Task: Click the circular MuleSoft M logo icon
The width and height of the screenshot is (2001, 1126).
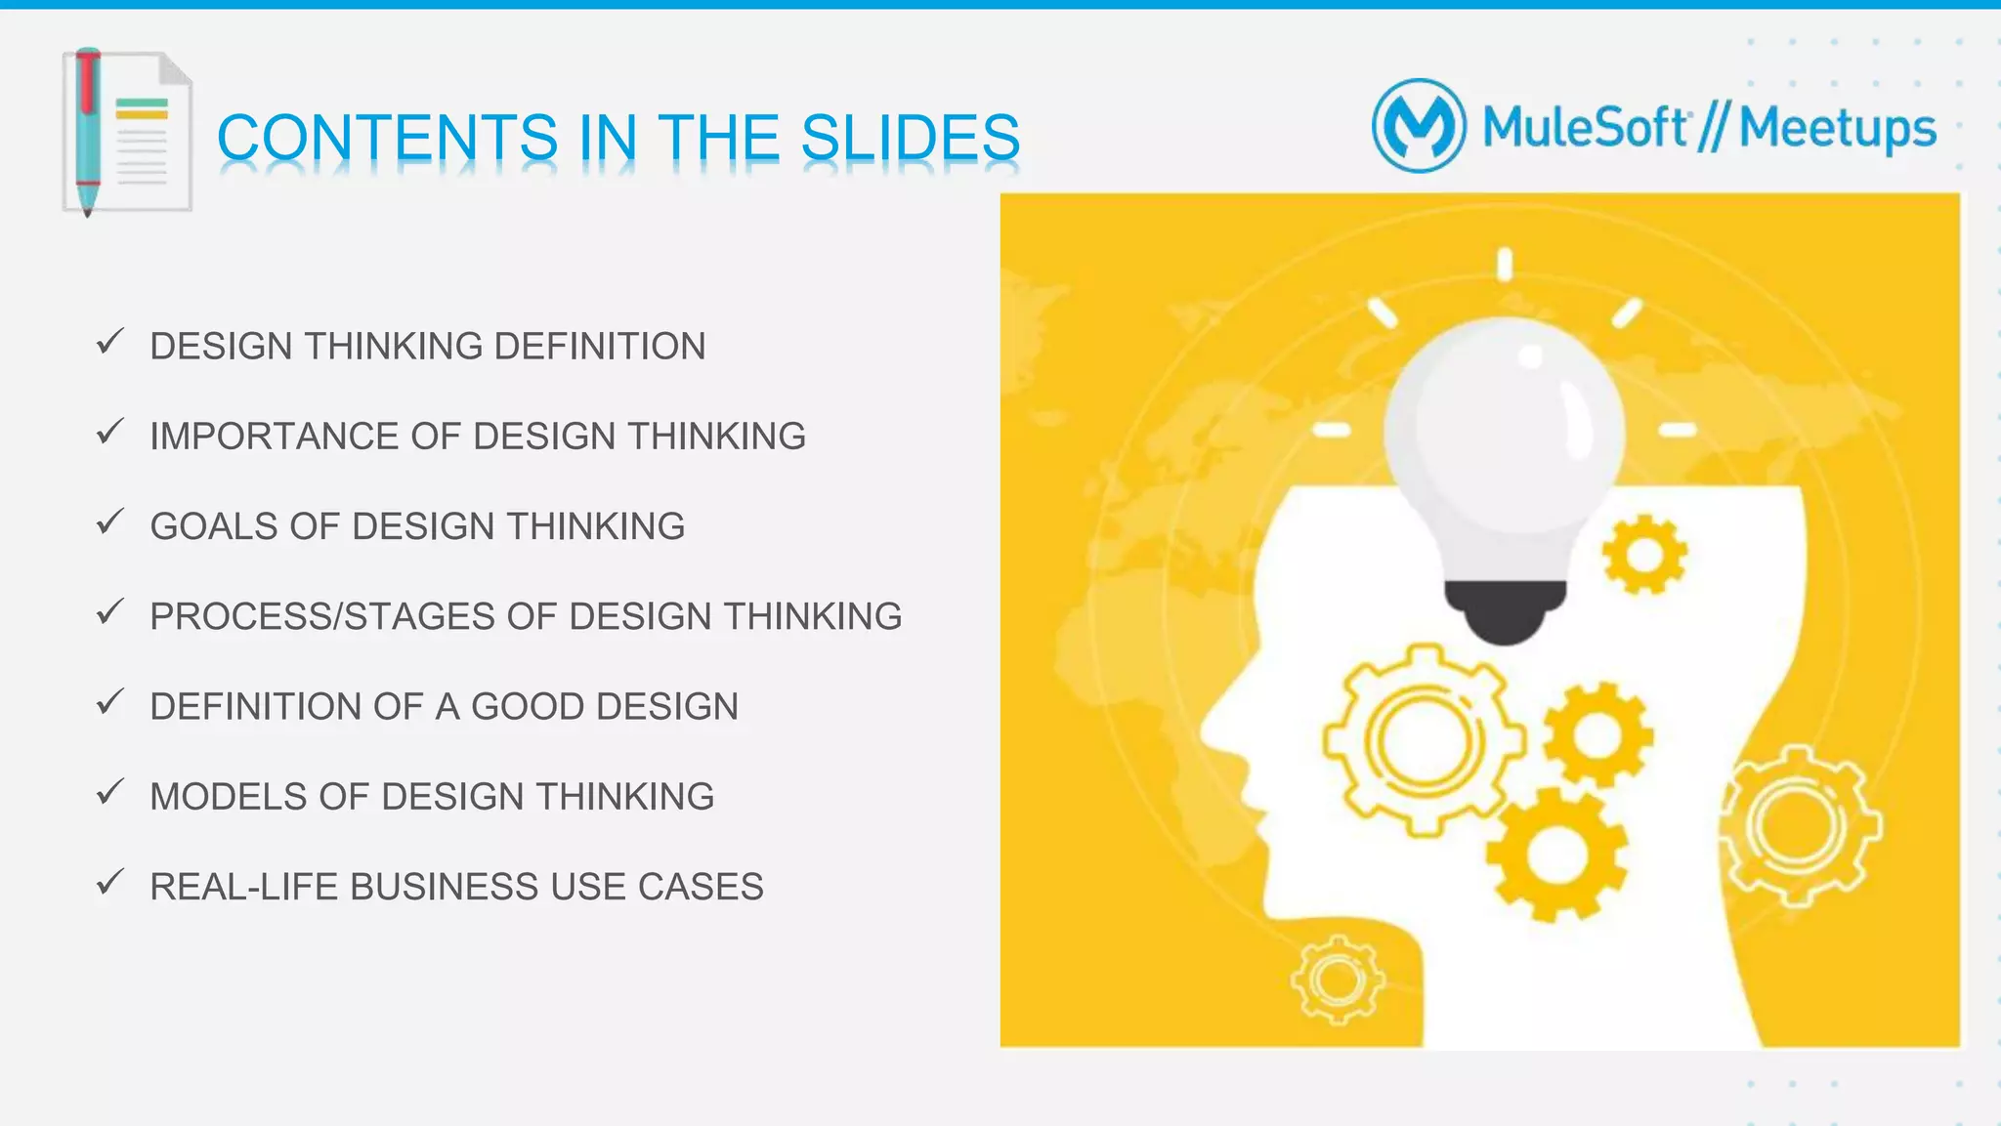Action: coord(1419,126)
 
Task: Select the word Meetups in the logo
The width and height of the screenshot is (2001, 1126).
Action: coord(1837,128)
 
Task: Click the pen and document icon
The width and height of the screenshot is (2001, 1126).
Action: coord(126,131)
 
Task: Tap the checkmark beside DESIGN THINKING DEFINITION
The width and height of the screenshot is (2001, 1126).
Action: coord(110,342)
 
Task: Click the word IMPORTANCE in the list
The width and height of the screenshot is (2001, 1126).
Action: coord(274,437)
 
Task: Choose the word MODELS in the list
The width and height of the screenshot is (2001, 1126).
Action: coord(229,797)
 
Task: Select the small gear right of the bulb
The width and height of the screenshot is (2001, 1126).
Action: coord(1644,555)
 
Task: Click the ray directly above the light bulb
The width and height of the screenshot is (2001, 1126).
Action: coord(1505,264)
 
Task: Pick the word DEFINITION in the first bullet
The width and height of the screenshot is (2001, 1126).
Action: coord(599,347)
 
